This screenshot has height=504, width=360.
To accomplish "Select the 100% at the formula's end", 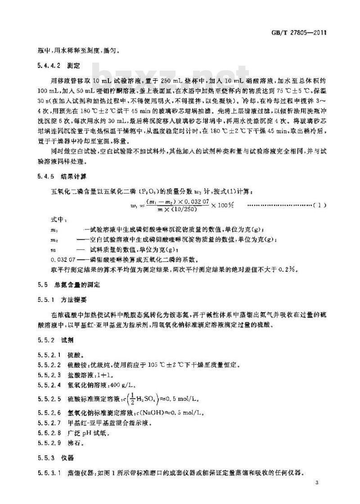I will tap(223, 206).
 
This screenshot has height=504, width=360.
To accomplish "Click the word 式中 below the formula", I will tap(59, 220).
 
